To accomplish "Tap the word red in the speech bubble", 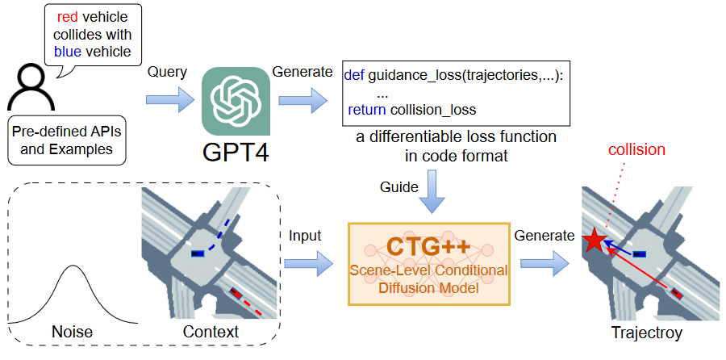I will [x=68, y=16].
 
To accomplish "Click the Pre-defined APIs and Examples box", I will [x=62, y=140].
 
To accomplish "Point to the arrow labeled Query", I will [x=169, y=101].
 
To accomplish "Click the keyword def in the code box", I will [x=354, y=74].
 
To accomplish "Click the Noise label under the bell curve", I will [x=71, y=332].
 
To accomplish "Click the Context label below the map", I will [x=211, y=332].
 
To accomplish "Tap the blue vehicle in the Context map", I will [x=196, y=253].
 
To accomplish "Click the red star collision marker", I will [x=595, y=240].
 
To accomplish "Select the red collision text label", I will [x=636, y=149].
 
